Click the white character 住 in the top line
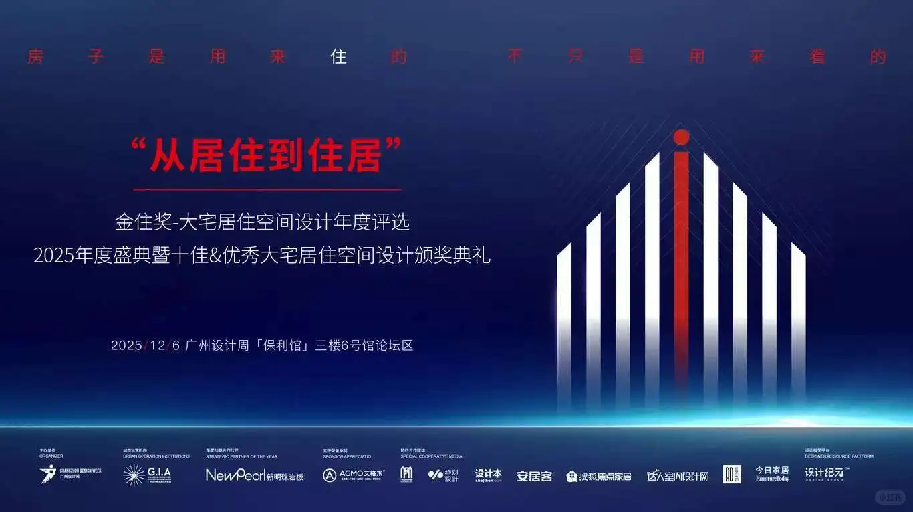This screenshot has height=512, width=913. (x=339, y=57)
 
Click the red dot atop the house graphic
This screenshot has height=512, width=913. (x=681, y=137)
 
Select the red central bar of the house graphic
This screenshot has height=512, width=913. (x=681, y=268)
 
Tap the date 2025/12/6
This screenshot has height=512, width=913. (x=146, y=345)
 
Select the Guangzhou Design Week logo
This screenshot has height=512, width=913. (x=71, y=475)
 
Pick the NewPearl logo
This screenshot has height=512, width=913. (x=255, y=475)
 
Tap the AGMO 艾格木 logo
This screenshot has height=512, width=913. (x=354, y=475)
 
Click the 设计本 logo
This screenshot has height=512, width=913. (x=489, y=475)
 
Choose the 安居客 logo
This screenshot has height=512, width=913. (x=534, y=476)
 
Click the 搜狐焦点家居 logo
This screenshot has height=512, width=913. (x=599, y=476)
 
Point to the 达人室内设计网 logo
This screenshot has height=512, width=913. (x=677, y=476)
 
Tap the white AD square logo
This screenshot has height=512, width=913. (x=732, y=475)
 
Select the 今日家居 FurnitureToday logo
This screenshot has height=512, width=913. (x=772, y=474)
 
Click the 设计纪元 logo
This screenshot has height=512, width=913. (x=826, y=474)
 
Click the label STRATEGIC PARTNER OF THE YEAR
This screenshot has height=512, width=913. (x=241, y=456)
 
